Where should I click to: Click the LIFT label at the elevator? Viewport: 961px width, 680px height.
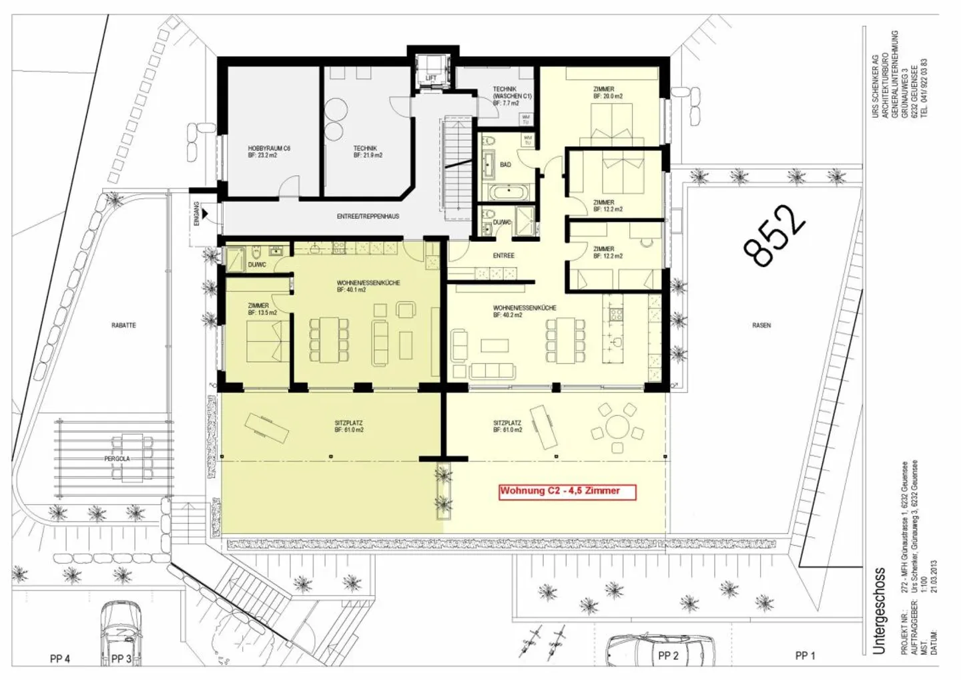(431, 79)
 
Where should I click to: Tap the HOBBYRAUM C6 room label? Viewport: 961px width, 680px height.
(269, 152)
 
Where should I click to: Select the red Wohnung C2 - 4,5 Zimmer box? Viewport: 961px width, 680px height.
(568, 492)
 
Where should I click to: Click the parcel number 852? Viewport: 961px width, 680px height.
(774, 235)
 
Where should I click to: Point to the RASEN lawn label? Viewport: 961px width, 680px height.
(761, 325)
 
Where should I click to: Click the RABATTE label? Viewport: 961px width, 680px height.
(123, 325)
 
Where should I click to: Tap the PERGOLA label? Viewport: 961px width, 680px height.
(117, 459)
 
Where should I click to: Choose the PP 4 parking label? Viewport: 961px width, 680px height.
(60, 659)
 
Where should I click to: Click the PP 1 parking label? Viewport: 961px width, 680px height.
(805, 656)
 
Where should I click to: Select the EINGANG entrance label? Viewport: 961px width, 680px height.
(197, 214)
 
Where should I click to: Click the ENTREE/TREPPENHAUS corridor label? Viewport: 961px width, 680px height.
(368, 216)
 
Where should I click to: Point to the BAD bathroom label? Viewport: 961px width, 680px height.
(505, 164)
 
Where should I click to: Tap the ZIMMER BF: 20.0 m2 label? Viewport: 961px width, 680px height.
(607, 93)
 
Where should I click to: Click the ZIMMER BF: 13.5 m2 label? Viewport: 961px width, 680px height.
(262, 309)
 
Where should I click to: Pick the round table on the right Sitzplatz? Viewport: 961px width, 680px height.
(618, 426)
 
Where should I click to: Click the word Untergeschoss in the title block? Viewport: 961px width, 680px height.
(880, 611)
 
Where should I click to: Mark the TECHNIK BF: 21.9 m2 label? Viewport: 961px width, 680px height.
(367, 152)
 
